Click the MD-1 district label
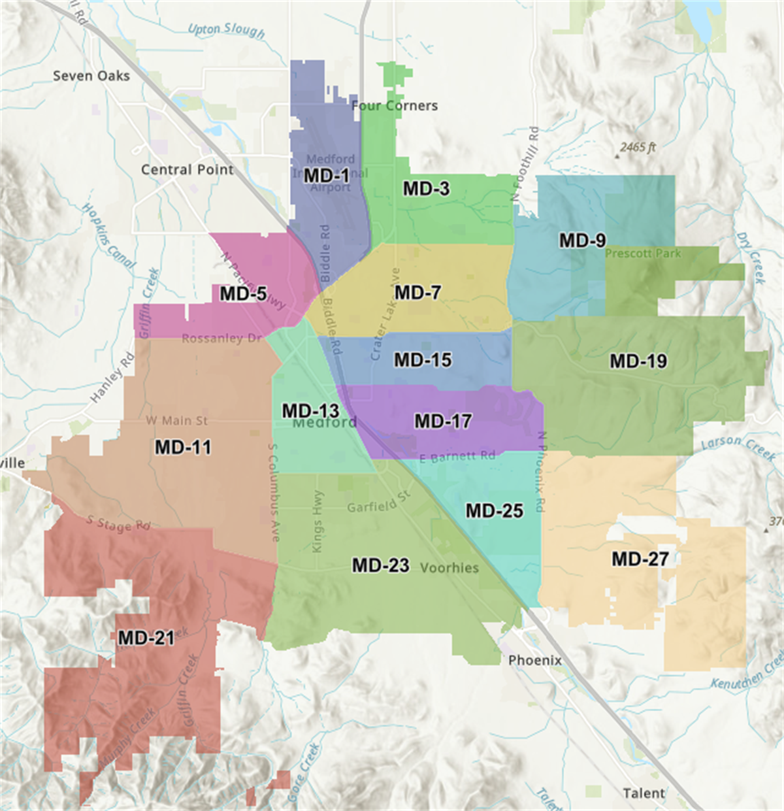[x=327, y=176]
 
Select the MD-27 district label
[x=640, y=559]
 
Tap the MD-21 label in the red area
[x=146, y=638]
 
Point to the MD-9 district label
[x=582, y=240]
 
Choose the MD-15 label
[x=423, y=360]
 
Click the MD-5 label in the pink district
[x=243, y=294]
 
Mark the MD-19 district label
[x=638, y=361]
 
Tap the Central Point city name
[x=187, y=170]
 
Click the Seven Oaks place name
[x=91, y=76]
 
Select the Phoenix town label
[x=534, y=660]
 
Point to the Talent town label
[x=644, y=793]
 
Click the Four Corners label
[x=395, y=106]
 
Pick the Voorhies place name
[x=449, y=568]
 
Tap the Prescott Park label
[x=643, y=254]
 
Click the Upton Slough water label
[x=226, y=30]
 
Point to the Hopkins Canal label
[x=108, y=236]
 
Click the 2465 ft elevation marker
[x=637, y=148]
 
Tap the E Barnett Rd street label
[x=457, y=457]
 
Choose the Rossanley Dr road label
[x=221, y=339]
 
